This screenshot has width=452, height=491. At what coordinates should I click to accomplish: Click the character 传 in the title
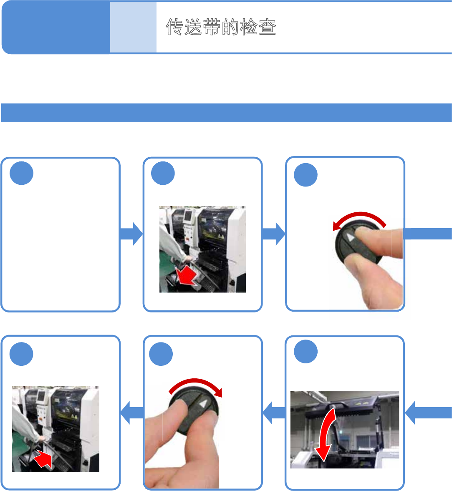pos(175,27)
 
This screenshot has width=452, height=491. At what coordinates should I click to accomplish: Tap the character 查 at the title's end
pos(267,27)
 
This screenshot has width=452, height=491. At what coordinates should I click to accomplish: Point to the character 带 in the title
pos(212,27)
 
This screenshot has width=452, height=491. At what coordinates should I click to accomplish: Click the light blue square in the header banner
pos(133,27)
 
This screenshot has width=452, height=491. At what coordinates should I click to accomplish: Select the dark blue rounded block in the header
pos(56,27)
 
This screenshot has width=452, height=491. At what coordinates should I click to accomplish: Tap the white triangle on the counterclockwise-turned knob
pos(351,237)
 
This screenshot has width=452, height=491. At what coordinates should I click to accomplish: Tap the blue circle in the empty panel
pos(22,173)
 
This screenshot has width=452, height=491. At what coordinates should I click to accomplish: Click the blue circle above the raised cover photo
pos(306,351)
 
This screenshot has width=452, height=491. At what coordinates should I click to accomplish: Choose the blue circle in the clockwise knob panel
pos(161,354)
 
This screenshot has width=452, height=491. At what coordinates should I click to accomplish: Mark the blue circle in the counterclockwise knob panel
pos(306,175)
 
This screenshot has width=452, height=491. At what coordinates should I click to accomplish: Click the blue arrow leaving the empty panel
pos(131,234)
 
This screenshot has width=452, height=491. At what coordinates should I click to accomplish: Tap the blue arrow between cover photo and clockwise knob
pos(274,413)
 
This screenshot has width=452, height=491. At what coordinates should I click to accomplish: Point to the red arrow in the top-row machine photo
pos(187,276)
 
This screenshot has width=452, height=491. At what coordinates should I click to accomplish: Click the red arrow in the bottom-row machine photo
pos(43,459)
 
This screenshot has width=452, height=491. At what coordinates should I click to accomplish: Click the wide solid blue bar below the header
pos(227,113)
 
